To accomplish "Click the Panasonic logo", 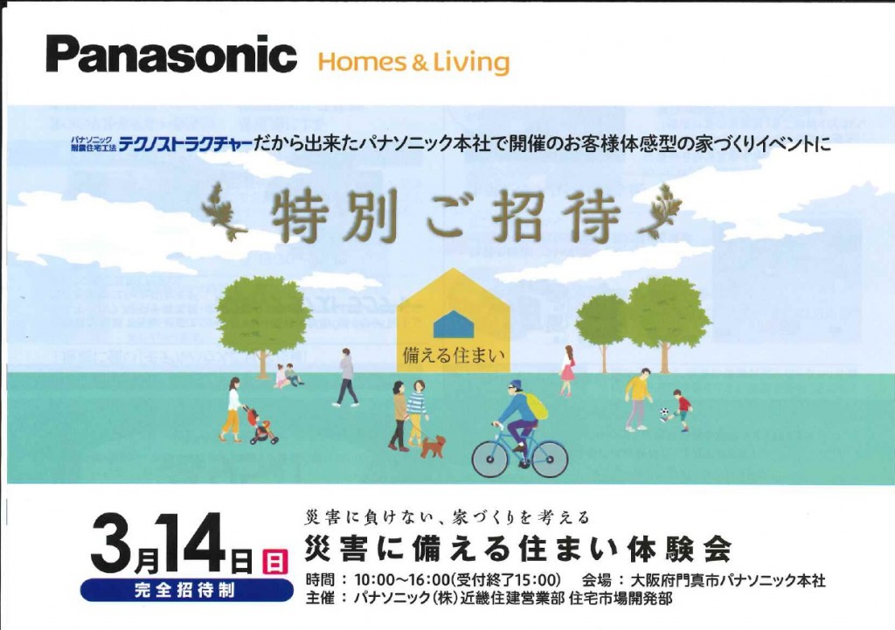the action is [x=171, y=54].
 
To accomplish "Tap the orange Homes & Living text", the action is [x=413, y=62].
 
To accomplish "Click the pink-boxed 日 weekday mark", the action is [x=274, y=562].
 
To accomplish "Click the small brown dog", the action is [x=434, y=447].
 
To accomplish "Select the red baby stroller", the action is [x=262, y=426].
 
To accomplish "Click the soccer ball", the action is [x=664, y=412].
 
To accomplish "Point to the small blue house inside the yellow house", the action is [x=454, y=324].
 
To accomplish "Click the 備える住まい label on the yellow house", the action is [x=454, y=356].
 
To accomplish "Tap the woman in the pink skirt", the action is [x=566, y=370].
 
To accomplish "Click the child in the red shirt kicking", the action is [x=680, y=410].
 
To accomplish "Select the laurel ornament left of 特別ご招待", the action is [x=225, y=211].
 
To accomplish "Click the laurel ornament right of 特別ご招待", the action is [x=660, y=211].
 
